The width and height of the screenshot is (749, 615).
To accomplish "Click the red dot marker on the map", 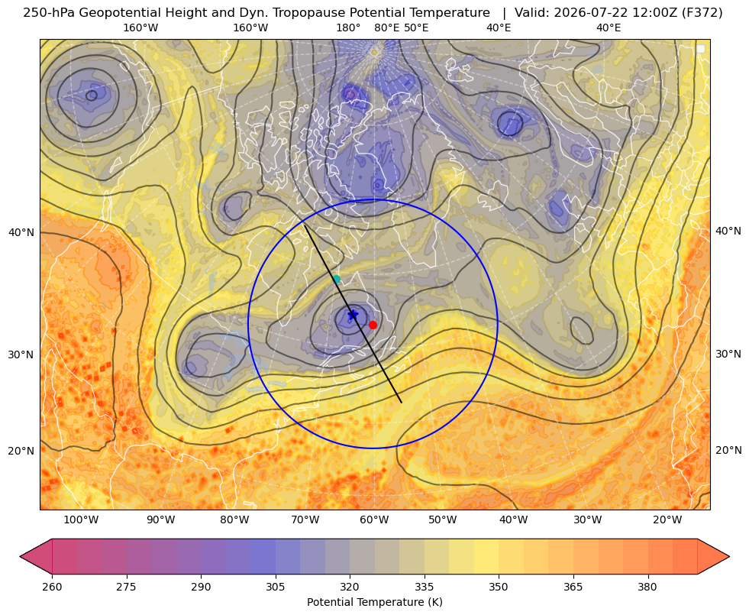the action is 373,325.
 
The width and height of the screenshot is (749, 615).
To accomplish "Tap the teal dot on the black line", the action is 337,279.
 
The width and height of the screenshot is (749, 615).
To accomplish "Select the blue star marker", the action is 353,315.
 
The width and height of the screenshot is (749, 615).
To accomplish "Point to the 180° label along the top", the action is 348,28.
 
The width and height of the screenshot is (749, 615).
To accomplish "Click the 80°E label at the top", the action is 387,28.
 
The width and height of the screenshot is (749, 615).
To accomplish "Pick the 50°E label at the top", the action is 416,28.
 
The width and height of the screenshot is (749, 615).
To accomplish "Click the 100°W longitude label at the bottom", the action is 81,520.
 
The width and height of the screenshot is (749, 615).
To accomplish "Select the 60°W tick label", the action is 374,520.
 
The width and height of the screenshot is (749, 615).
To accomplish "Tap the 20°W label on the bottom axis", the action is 667,520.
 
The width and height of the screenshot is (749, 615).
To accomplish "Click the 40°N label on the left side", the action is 21,233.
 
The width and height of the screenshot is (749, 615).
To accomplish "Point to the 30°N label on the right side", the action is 728,354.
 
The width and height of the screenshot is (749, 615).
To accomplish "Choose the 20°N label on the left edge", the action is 21,451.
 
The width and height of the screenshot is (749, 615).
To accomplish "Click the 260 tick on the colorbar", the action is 52,587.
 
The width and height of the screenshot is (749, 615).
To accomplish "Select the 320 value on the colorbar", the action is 350,587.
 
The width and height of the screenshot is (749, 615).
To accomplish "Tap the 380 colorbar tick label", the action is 647,587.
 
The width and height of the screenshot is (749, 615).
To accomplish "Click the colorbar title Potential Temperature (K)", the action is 374,602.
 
